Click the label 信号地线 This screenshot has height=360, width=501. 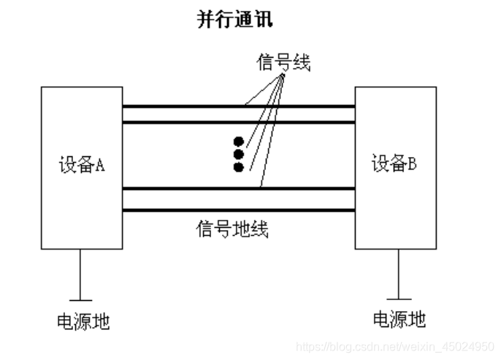point(232,229)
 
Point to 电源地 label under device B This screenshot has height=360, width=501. point(399,319)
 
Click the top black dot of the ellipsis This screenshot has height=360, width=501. point(238,141)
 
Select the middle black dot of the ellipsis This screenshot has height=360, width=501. point(238,154)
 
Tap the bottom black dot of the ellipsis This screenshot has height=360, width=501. point(238,167)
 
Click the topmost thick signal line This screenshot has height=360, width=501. point(183,106)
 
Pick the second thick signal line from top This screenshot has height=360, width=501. point(183,122)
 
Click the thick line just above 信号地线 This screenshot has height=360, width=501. point(183,210)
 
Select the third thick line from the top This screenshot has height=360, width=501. point(183,188)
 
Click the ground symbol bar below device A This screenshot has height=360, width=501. point(81,299)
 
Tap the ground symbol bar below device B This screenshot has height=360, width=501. point(398,298)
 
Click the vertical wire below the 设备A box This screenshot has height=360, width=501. point(81,274)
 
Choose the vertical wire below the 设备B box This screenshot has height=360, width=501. point(398,273)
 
